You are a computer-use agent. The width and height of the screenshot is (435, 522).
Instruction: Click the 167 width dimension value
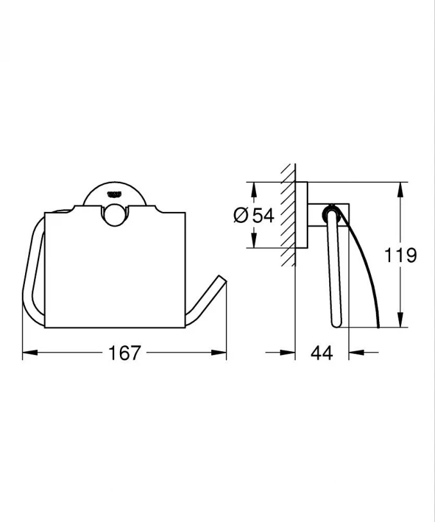point(125,352)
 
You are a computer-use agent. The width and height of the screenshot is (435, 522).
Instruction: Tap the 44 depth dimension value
point(321,352)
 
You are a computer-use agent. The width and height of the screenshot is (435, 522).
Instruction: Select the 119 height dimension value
point(401,255)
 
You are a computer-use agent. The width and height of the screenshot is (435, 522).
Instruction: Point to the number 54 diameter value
point(262,216)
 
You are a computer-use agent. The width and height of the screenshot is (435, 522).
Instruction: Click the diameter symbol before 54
point(241,216)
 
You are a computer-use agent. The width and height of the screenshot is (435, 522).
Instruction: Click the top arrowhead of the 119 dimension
point(400,188)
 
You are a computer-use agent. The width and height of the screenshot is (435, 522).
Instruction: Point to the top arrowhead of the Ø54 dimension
point(253,187)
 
